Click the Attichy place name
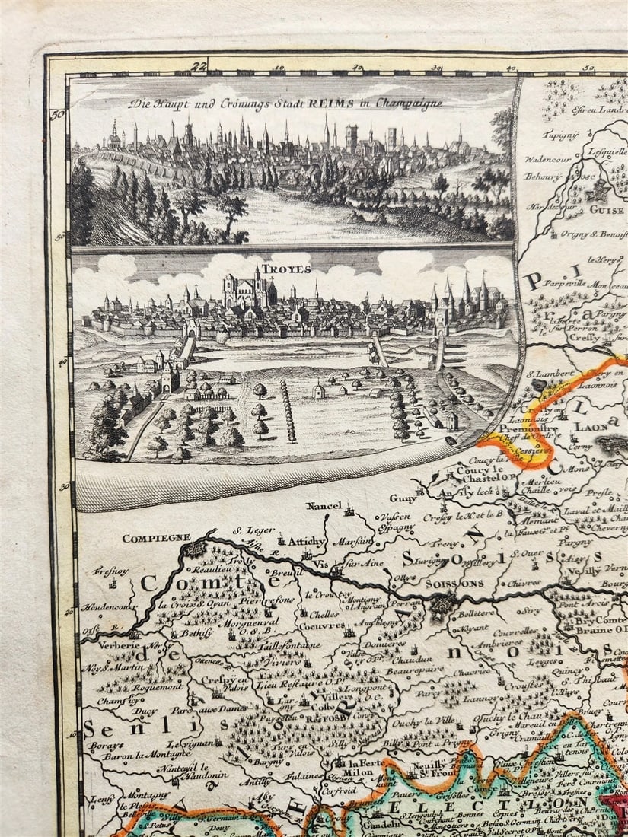click(x=306, y=542)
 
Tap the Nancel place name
click(x=324, y=506)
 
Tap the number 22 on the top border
click(x=200, y=67)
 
